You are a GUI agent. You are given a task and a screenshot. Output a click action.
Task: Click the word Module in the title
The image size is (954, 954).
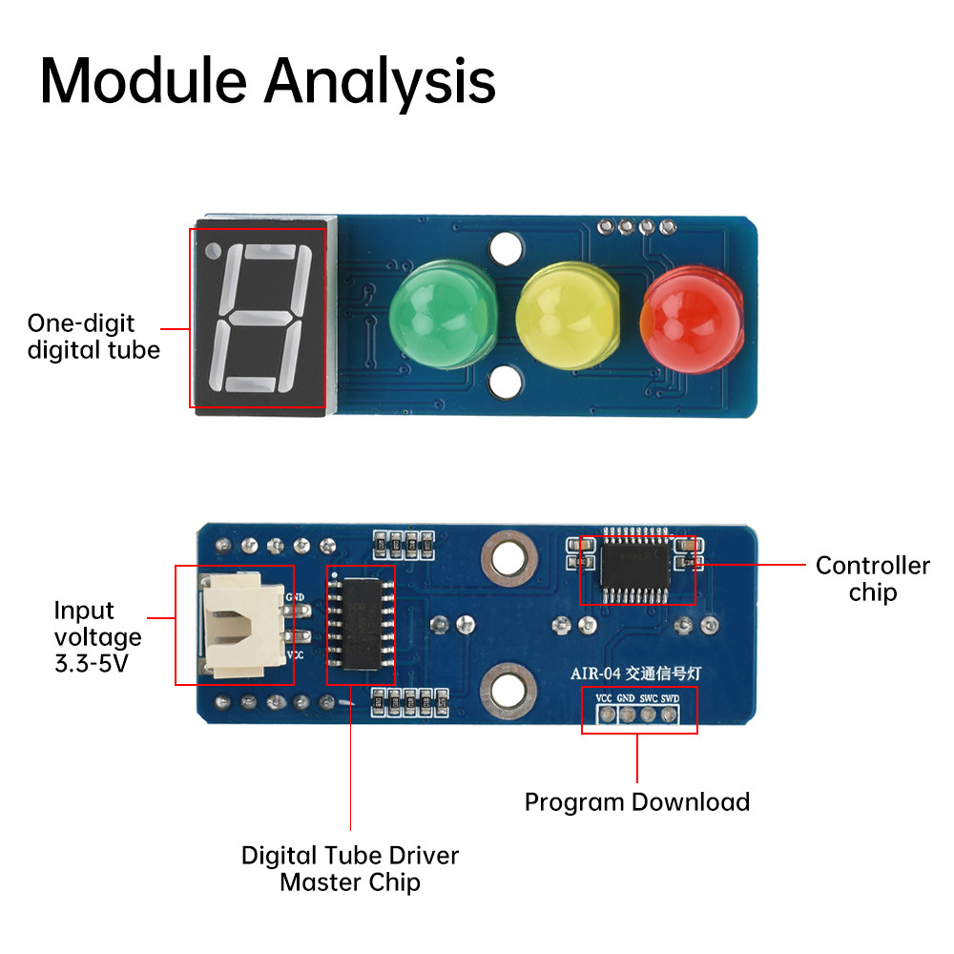tap(143, 81)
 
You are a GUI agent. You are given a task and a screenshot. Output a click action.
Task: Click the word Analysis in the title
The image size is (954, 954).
tap(380, 83)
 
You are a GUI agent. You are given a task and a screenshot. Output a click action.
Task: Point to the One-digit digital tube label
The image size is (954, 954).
tap(93, 336)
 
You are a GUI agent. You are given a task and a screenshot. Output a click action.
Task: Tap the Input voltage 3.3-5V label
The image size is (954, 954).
tap(97, 636)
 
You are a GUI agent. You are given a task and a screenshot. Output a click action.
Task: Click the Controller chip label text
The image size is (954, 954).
tap(872, 579)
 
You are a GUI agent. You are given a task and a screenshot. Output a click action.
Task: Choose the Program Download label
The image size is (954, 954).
tap(637, 801)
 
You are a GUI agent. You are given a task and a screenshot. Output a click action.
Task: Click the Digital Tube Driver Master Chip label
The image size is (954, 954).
tap(350, 868)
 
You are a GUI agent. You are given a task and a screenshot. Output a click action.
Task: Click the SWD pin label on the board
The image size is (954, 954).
tap(671, 698)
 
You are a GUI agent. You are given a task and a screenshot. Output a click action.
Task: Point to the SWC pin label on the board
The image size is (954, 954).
tap(649, 698)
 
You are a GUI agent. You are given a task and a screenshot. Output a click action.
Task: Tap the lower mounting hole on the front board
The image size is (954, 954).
tap(506, 384)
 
